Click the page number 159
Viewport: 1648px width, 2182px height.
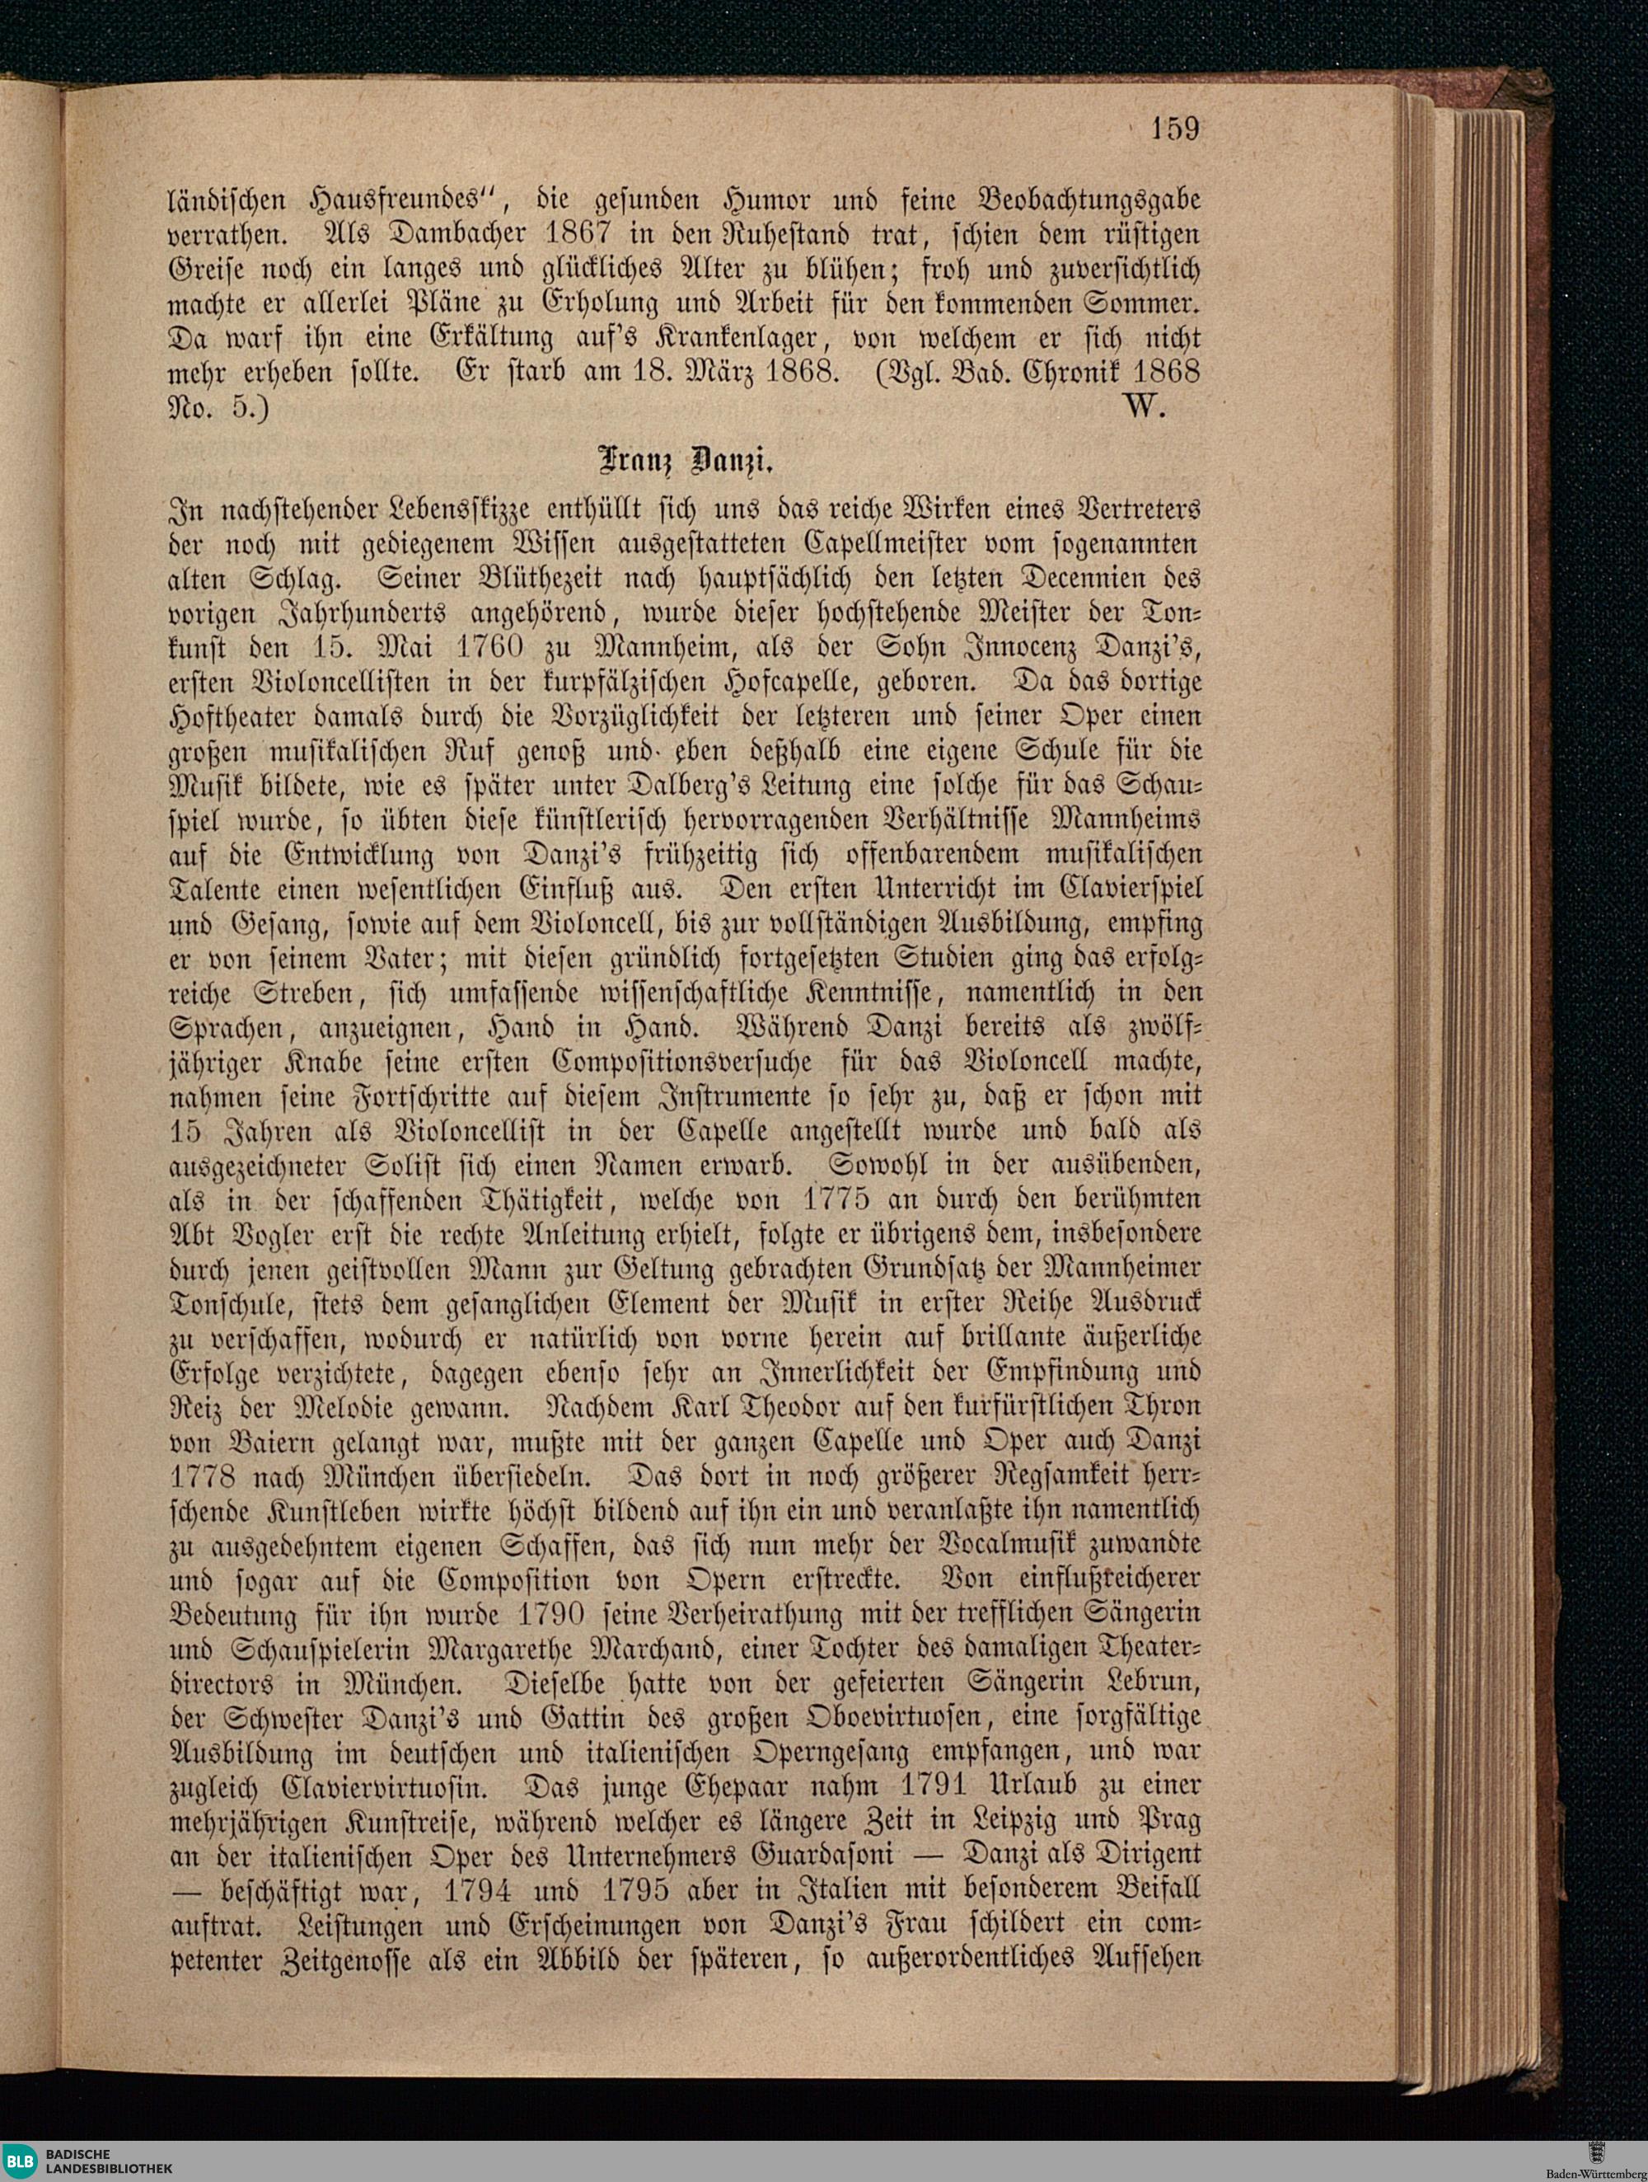tap(1173, 129)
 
